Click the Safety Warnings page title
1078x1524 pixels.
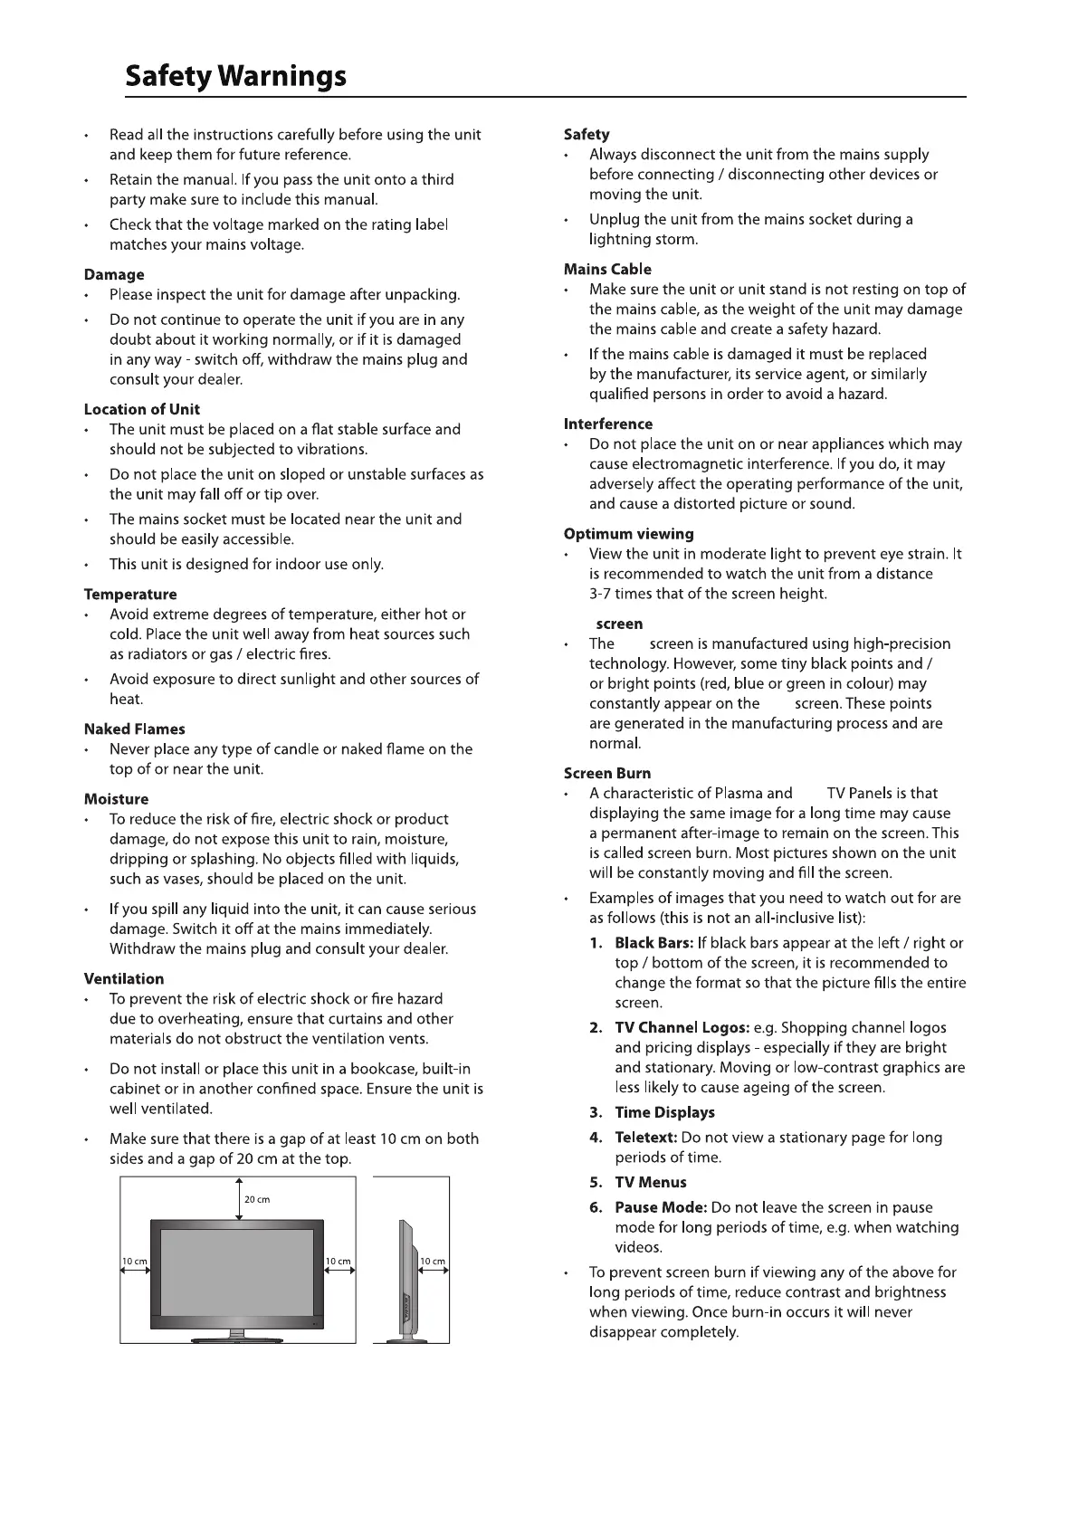pos(235,75)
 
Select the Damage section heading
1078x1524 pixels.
pos(114,274)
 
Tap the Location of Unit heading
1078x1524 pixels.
pos(142,409)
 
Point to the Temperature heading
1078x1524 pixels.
pos(130,595)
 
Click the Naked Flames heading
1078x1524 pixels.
pos(134,729)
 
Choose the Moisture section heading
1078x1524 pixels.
pos(116,799)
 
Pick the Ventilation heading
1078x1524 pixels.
pos(124,978)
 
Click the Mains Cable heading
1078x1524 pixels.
pos(607,269)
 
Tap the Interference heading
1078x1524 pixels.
pos(608,424)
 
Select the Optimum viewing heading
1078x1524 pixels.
pos(629,534)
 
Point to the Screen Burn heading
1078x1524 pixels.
pos(607,773)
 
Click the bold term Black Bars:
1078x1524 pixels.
pos(654,943)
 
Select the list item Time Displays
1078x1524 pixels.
pos(664,1112)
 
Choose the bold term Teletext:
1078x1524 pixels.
pos(645,1138)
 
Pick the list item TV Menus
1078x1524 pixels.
pos(651,1182)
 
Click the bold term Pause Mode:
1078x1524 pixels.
pos(661,1207)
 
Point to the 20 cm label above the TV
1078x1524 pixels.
pos(257,1199)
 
